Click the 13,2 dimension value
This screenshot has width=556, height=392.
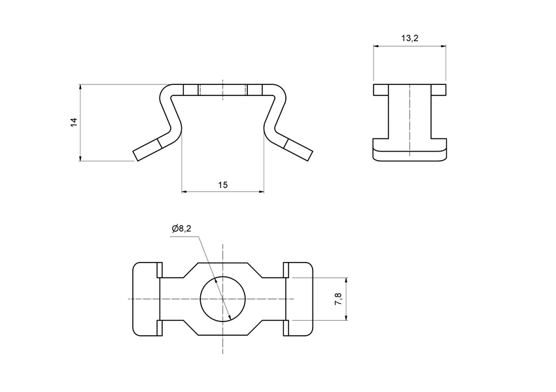[409, 39]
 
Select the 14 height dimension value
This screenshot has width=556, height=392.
[75, 122]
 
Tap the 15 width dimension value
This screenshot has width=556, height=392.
[222, 186]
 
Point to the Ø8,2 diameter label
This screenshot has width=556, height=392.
[182, 228]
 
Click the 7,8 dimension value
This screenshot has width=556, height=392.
[338, 299]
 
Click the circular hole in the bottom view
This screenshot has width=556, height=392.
[222, 299]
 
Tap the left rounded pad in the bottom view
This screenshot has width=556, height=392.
[145, 299]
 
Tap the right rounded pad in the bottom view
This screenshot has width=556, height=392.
[300, 299]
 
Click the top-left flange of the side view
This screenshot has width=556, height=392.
[381, 90]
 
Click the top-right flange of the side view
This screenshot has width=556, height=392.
[438, 90]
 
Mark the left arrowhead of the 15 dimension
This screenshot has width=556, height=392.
[184, 191]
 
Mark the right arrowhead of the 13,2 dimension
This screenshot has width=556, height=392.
[443, 46]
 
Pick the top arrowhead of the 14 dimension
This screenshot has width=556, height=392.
[80, 87]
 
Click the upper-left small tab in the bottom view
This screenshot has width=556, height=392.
[159, 269]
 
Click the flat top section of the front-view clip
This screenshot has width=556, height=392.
[222, 90]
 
